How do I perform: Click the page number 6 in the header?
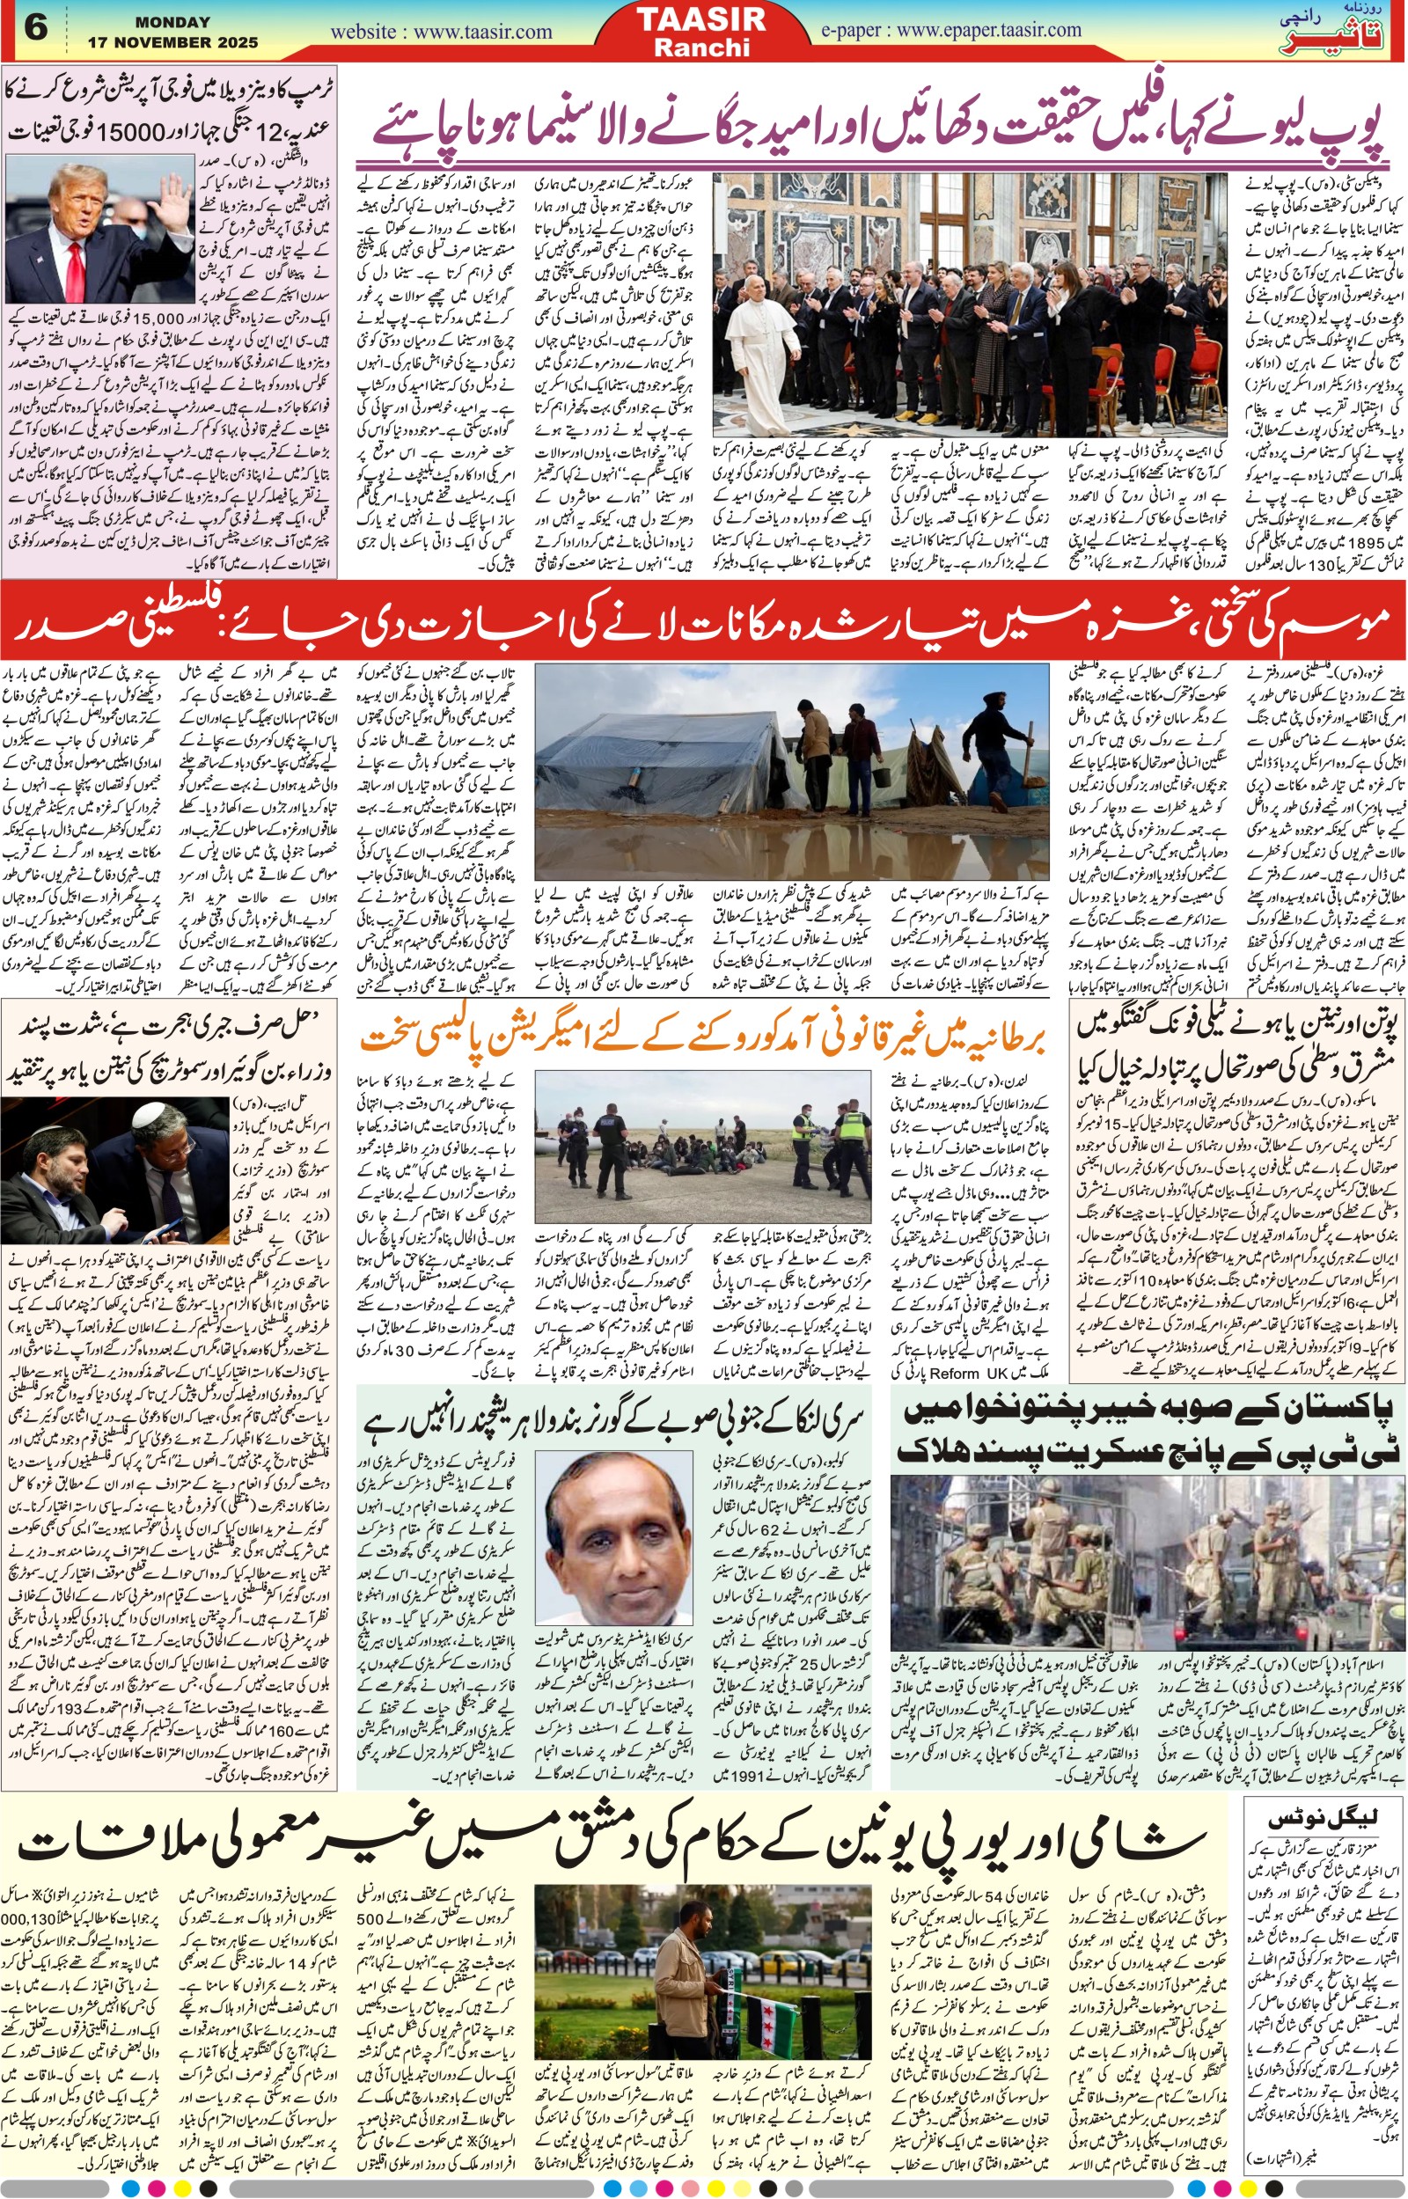[x=34, y=27]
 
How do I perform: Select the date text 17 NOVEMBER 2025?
[x=172, y=42]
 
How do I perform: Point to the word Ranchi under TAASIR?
[x=701, y=48]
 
